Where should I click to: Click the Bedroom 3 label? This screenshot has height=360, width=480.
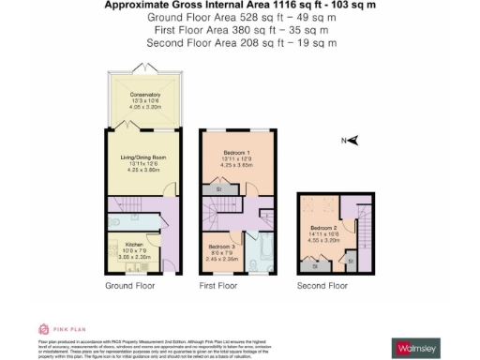(223, 247)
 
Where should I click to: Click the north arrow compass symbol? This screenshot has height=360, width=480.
(350, 141)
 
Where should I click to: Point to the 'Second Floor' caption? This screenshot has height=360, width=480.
(321, 285)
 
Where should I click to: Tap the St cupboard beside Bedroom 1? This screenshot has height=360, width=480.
(219, 189)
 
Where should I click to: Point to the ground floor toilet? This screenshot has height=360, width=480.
(111, 224)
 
